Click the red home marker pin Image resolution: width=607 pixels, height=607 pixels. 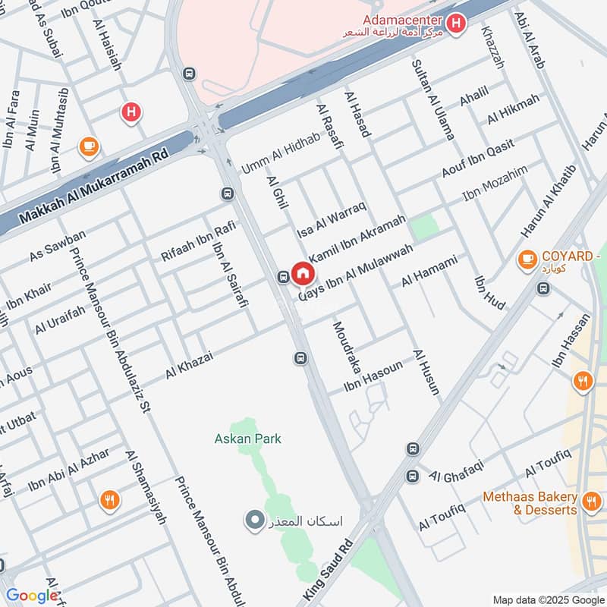[303, 273]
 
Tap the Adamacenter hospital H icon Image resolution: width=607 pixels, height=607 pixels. [455, 25]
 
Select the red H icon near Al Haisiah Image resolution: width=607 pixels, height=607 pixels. [131, 113]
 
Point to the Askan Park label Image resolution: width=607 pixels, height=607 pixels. [247, 439]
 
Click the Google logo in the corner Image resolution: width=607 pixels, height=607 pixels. [32, 596]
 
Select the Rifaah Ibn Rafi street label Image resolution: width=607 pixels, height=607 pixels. [198, 241]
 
